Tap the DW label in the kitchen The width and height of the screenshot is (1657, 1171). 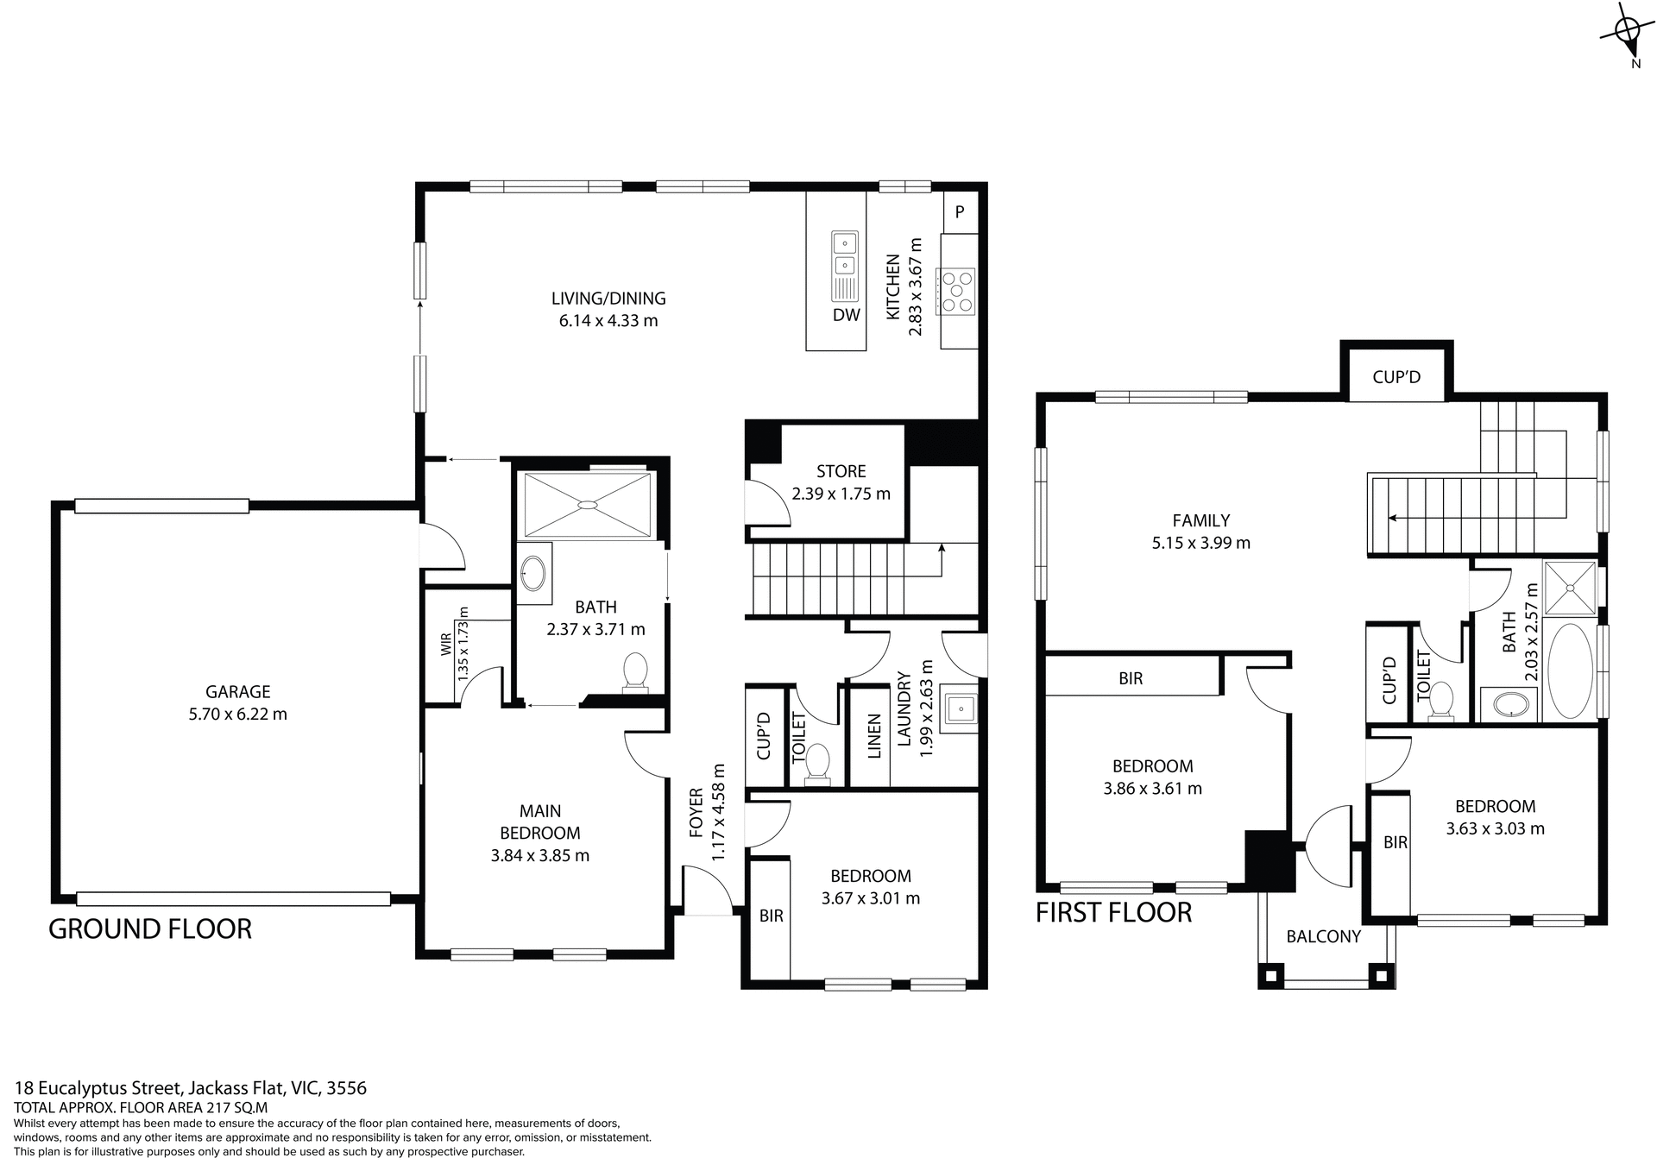pyautogui.click(x=846, y=315)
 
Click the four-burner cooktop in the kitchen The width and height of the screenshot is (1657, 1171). pyautogui.click(x=957, y=292)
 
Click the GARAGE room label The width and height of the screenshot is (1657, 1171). pyautogui.click(x=237, y=691)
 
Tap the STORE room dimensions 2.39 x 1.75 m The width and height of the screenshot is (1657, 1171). pyautogui.click(x=841, y=494)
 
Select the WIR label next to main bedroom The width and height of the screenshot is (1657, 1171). pyautogui.click(x=446, y=644)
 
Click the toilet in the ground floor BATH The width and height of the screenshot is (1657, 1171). pyautogui.click(x=636, y=672)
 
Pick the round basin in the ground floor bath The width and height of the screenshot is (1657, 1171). pyautogui.click(x=534, y=572)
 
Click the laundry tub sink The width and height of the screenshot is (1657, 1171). pyautogui.click(x=959, y=709)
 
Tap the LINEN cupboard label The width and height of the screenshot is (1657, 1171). pyautogui.click(x=874, y=736)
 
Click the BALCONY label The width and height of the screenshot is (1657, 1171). pyautogui.click(x=1323, y=936)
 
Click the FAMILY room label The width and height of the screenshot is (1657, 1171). pyautogui.click(x=1200, y=520)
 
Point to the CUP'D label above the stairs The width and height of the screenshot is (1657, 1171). pyautogui.click(x=1396, y=377)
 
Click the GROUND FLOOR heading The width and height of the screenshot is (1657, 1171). pyautogui.click(x=150, y=929)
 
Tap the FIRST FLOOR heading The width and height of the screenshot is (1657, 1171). pyautogui.click(x=1113, y=912)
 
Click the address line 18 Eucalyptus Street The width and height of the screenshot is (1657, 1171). pyautogui.click(x=190, y=1088)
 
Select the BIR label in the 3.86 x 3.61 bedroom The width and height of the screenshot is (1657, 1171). pyautogui.click(x=1130, y=678)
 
